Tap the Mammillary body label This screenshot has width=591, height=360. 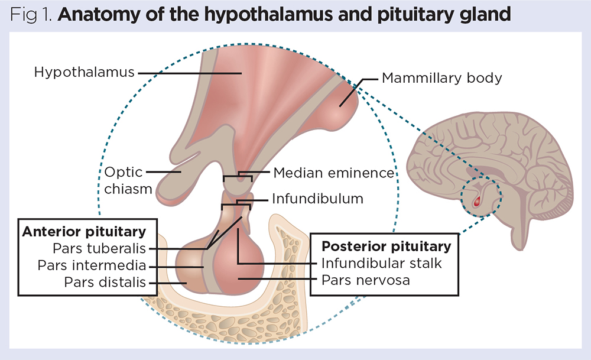click(441, 77)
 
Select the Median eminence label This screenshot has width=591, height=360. click(333, 173)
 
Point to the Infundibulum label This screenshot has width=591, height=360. click(317, 199)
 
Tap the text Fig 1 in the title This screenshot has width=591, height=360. click(33, 15)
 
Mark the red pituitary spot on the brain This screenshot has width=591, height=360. click(478, 203)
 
